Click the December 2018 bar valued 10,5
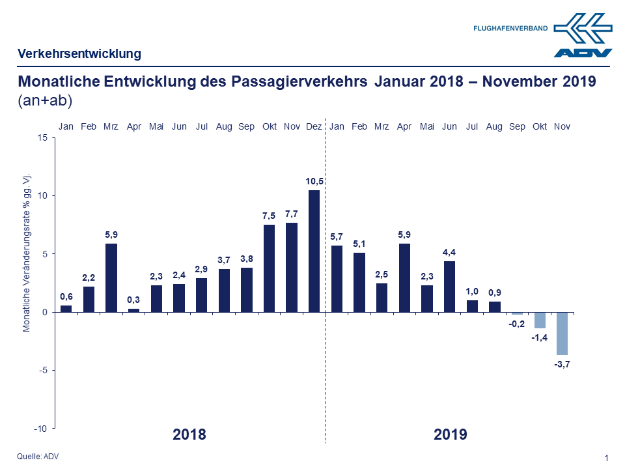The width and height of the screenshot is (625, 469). pos(314,251)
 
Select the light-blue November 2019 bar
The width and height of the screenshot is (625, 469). pos(562,333)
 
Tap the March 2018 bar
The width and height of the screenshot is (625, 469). pos(111,277)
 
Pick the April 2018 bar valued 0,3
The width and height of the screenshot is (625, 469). pos(133,310)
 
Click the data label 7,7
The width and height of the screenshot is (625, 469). pos(292,214)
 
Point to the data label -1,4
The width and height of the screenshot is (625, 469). pos(540,337)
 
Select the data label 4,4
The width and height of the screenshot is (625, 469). pos(450,252)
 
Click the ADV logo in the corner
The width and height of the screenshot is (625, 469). pos(583,36)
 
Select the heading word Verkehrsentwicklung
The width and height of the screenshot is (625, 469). pos(79,53)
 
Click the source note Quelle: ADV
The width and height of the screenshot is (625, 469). pos(38,456)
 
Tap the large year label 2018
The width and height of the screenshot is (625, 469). pos(189,434)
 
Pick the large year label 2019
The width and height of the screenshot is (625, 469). pos(451,434)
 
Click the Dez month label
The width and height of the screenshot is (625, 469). pos(314,126)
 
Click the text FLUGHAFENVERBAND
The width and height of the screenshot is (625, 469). pos(510,29)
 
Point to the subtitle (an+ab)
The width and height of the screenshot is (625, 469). pos(45,101)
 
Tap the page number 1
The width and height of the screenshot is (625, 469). pos(607,458)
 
